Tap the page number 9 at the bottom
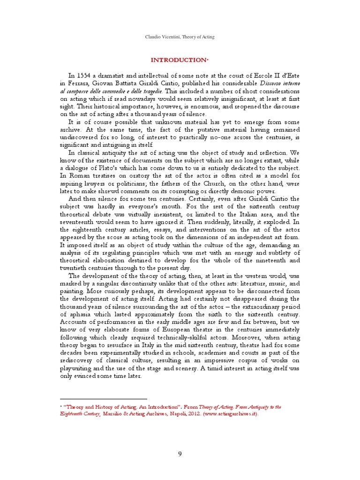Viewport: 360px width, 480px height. point(180,454)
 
